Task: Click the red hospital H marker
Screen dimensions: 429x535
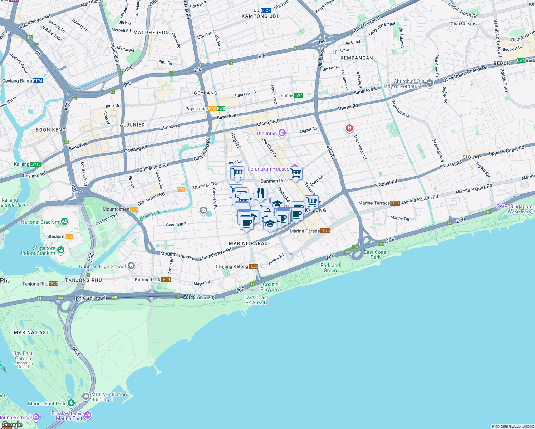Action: (349, 128)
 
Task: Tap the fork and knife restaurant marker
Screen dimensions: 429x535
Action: (260, 194)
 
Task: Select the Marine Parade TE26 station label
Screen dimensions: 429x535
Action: (310, 231)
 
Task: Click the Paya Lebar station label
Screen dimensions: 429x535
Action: (205, 109)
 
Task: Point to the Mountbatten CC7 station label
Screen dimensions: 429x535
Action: (120, 209)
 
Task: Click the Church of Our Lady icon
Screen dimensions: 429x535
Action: (430, 83)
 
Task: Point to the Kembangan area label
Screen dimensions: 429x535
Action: (357, 58)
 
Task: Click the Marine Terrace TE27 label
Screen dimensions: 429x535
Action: (379, 203)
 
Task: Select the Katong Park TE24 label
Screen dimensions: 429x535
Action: (153, 280)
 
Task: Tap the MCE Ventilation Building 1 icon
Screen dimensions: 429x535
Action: (86, 396)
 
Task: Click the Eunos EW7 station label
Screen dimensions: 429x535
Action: (291, 95)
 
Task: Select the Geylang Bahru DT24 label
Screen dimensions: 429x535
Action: (22, 81)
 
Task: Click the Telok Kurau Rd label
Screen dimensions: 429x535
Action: (360, 147)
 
